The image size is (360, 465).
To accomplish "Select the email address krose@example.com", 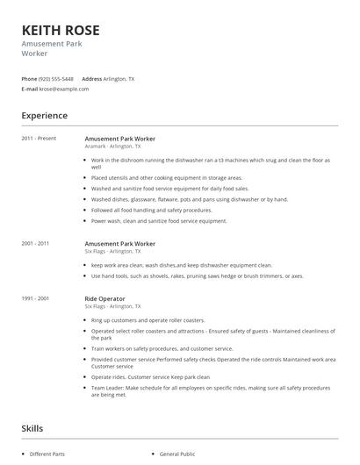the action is pos(65,89).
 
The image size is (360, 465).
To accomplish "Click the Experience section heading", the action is pos(44,116).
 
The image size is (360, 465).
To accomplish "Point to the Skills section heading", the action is pos(32,428).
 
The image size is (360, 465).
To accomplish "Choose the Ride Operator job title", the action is pos(104,298).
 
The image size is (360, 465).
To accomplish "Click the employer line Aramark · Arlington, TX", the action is pos(112,147).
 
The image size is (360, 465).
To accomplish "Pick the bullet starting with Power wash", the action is pos(159,221).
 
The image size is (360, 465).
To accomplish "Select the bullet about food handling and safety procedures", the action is pos(151,210).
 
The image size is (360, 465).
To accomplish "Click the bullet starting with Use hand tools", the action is pos(197,275).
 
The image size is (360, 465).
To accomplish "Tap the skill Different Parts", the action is pos(47,454).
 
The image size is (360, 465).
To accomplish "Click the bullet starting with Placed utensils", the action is pos(167,177).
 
